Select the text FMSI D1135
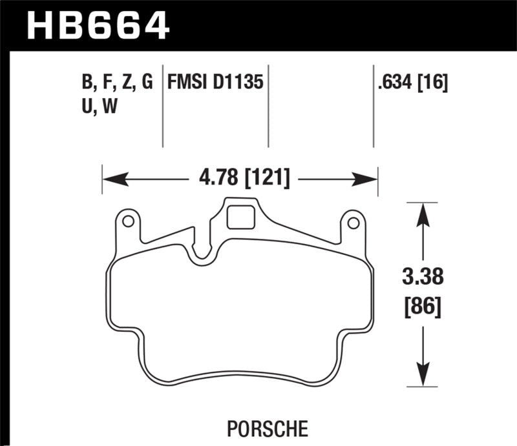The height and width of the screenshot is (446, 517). tap(215, 83)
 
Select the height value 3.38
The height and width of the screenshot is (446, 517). tap(423, 279)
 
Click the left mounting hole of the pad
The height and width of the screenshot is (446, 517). tap(128, 222)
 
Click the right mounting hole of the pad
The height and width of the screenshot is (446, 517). tap(353, 223)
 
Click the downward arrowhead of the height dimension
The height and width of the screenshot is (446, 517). tap(423, 381)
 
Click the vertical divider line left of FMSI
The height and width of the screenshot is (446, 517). tap(162, 106)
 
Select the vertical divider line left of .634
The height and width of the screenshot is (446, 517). tap(373, 106)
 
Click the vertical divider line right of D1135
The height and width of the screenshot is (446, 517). tap(268, 106)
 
